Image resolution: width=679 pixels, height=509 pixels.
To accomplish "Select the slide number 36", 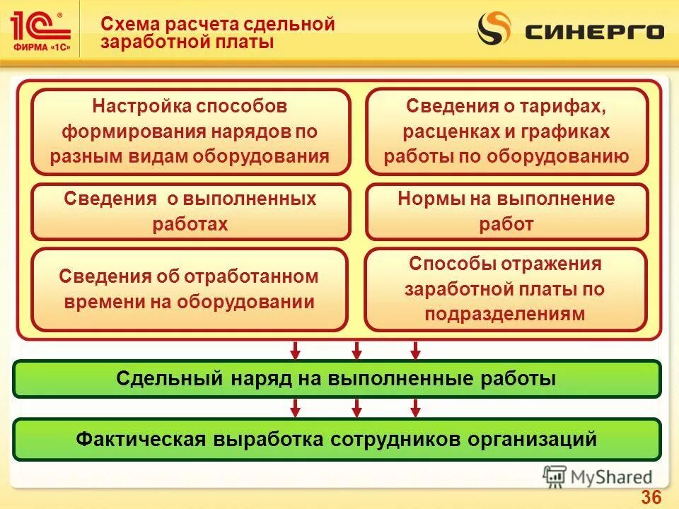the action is (651, 497).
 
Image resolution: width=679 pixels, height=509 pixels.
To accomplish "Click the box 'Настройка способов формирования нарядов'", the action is (190, 131).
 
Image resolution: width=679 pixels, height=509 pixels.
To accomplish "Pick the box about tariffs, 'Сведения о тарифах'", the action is (506, 131).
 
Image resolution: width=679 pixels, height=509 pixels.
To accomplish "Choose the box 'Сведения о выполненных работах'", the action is (190, 211).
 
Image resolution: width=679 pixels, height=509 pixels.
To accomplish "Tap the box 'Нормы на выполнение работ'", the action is (506, 211).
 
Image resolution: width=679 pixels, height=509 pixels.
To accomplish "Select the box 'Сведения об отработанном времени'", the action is (190, 289).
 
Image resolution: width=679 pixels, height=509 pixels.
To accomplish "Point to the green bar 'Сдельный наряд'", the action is (337, 378).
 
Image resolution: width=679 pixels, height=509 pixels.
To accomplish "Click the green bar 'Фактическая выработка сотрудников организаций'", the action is (337, 439).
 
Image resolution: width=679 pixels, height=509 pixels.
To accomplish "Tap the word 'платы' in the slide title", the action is (248, 42).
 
